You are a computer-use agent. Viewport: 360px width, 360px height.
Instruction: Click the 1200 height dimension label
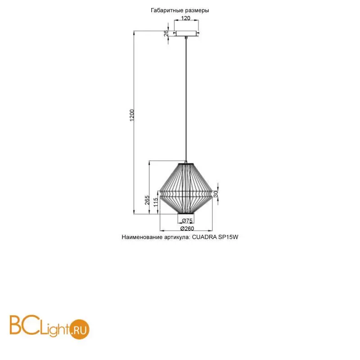pos(132,115)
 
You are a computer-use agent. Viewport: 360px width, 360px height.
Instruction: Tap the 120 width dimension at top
pos(186,18)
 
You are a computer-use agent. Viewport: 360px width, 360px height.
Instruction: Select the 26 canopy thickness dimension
pos(166,33)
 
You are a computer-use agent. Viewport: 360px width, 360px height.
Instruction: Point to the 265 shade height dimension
pos(147,200)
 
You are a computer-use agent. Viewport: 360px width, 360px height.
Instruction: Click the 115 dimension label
pos(156,202)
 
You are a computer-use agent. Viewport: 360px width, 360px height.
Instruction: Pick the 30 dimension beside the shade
pos(216,194)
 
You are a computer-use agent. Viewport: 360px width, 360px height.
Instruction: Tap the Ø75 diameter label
pos(187,220)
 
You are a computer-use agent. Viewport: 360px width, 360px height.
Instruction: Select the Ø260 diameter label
pos(187,229)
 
